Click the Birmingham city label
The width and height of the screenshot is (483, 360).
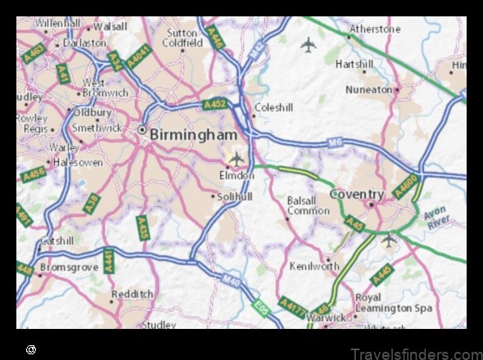193,134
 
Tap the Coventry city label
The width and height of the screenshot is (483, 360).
356,194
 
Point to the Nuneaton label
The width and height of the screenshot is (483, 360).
368,89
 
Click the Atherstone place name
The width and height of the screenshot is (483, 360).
374,29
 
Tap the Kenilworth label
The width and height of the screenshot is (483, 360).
314,266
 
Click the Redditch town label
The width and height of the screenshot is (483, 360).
132,294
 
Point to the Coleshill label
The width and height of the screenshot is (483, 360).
273,107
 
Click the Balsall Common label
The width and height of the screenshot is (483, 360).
308,205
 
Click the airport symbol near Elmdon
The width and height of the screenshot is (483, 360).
237,157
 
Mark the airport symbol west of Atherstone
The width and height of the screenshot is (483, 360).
308,44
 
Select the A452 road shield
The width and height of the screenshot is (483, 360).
214,104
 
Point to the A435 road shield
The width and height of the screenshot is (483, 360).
142,227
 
